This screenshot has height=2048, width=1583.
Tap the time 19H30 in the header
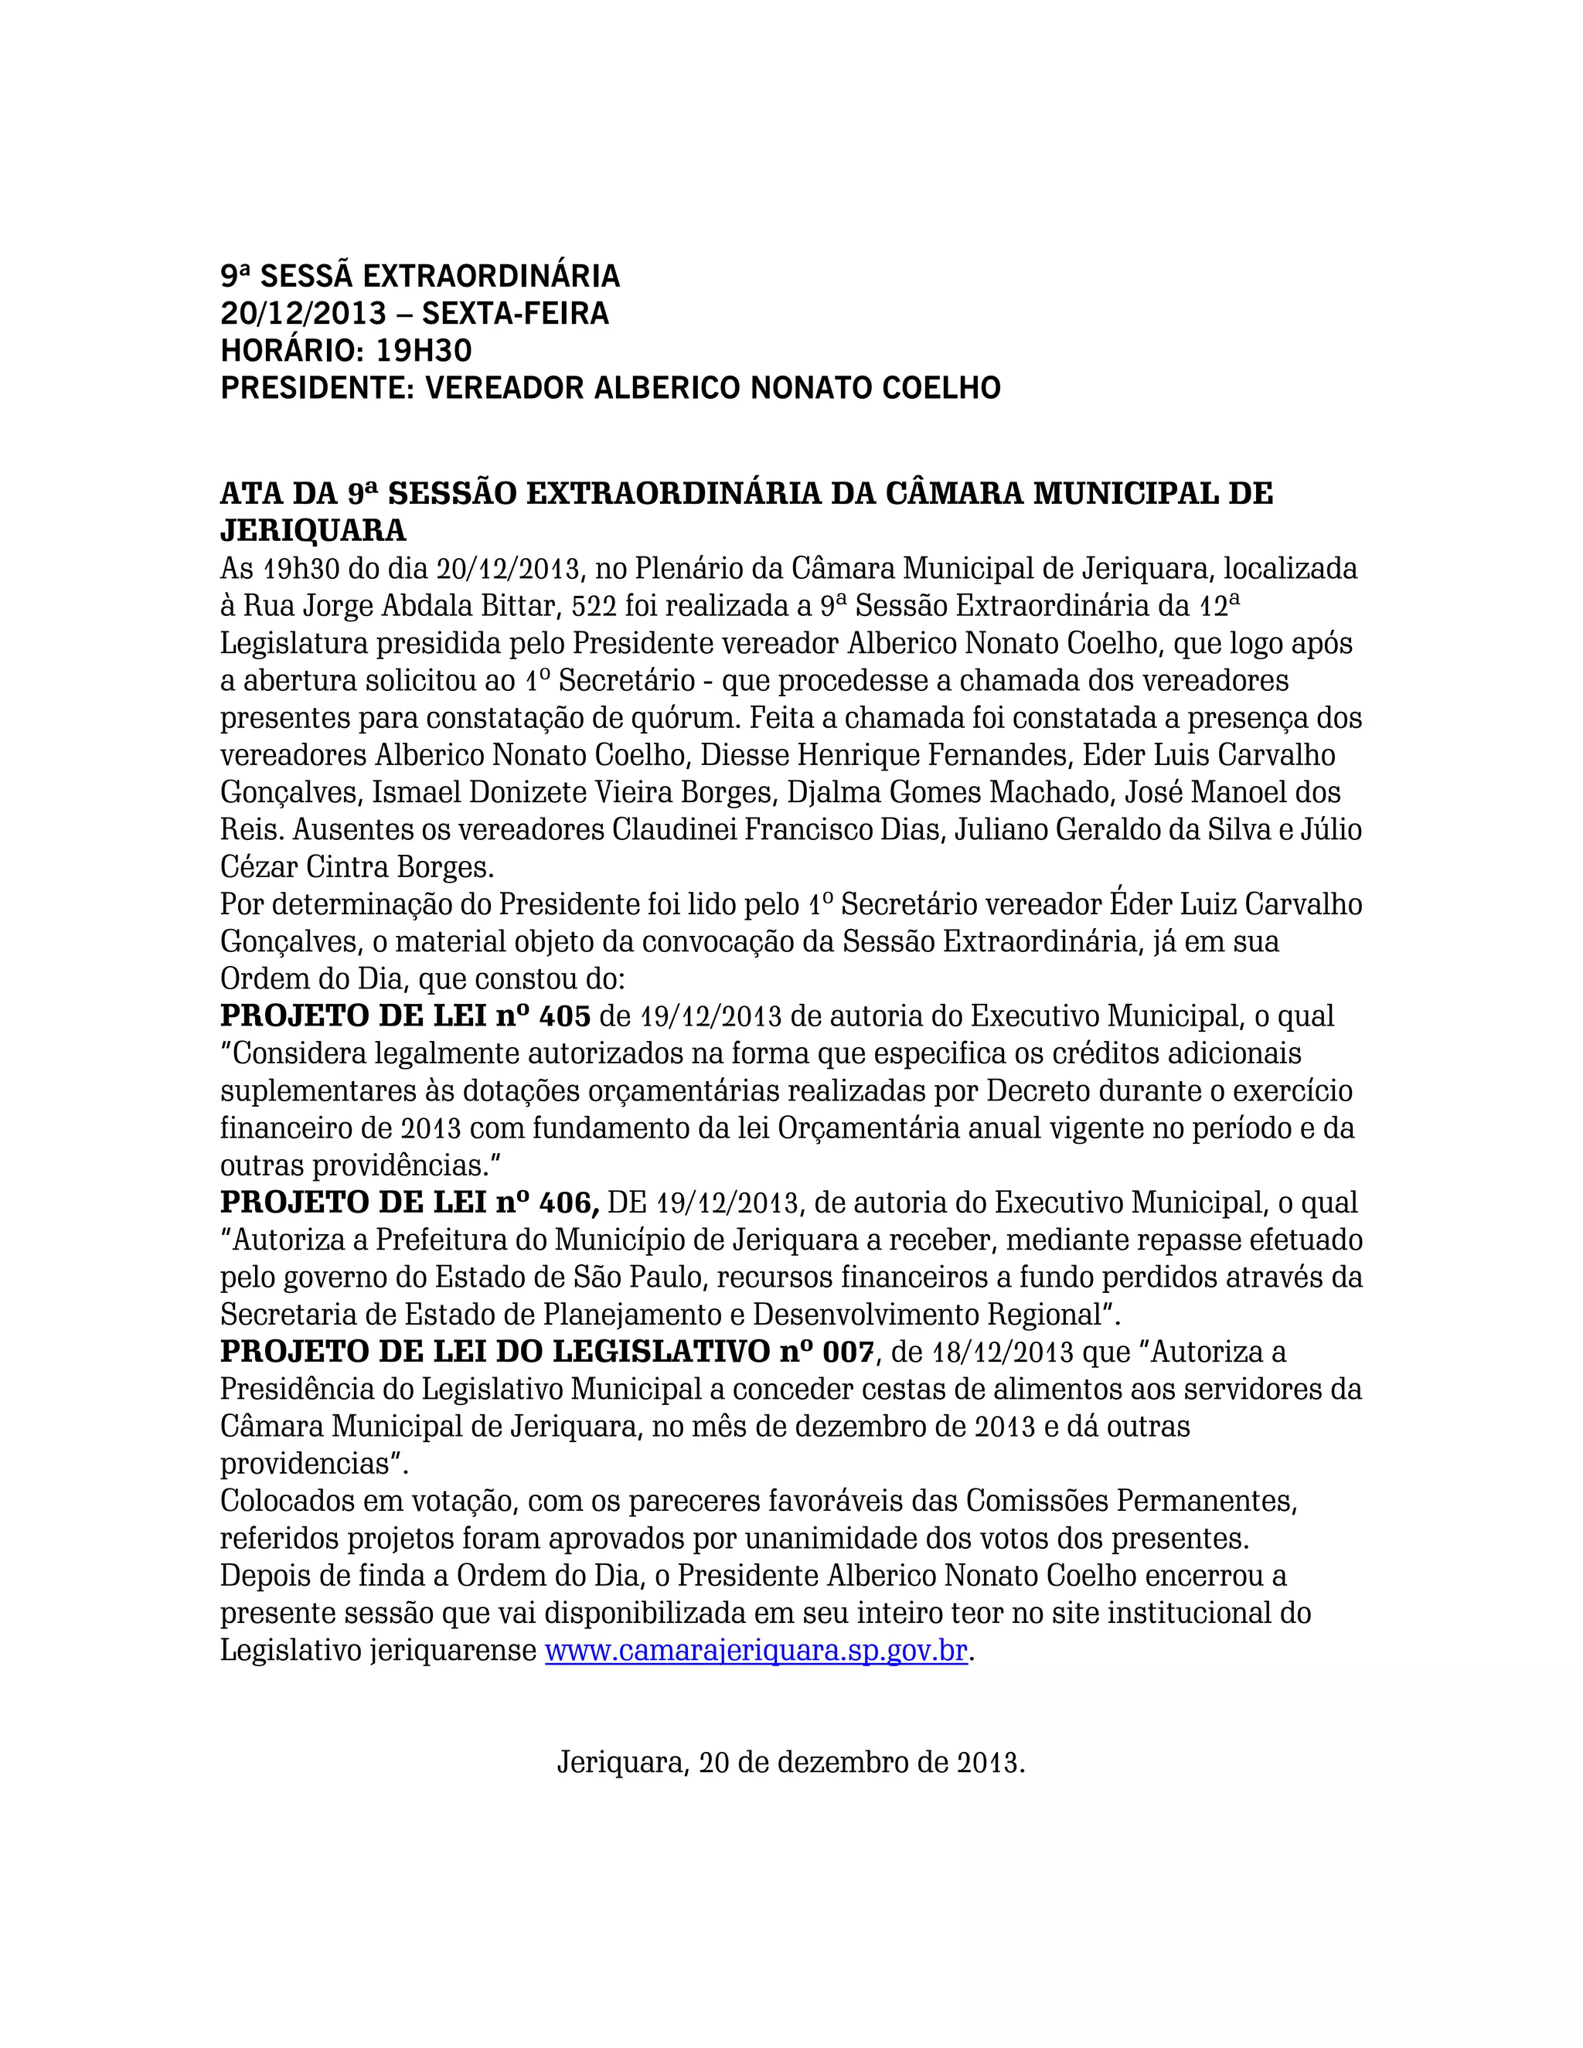(424, 351)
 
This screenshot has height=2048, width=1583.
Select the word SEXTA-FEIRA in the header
(515, 313)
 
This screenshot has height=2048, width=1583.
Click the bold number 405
(564, 1015)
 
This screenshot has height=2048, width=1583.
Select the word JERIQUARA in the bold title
(313, 531)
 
